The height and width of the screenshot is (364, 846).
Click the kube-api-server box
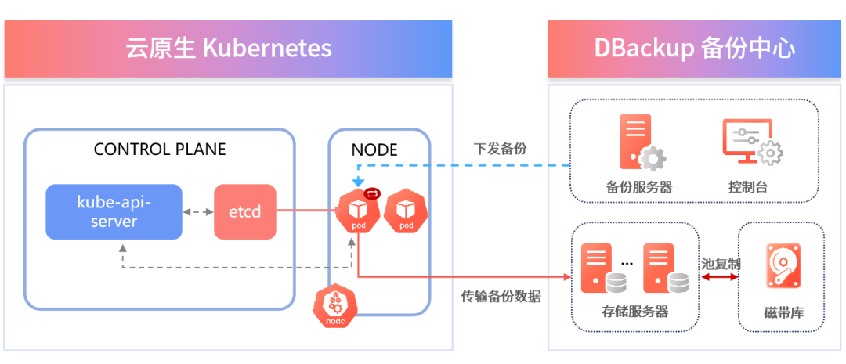[x=114, y=211]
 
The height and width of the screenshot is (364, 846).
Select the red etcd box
[x=245, y=211]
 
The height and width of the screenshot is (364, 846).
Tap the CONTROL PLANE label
[x=160, y=150]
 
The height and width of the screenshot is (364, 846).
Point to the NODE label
[x=375, y=150]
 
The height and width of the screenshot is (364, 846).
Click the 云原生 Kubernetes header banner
[x=228, y=49]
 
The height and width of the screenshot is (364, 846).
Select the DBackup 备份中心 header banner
[x=695, y=49]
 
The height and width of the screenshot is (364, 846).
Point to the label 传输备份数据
[x=501, y=297]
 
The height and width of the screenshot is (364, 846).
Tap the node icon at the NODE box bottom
[x=335, y=306]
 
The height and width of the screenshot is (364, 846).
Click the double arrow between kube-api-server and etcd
[x=198, y=212]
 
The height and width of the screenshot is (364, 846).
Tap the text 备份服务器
[x=639, y=187]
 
